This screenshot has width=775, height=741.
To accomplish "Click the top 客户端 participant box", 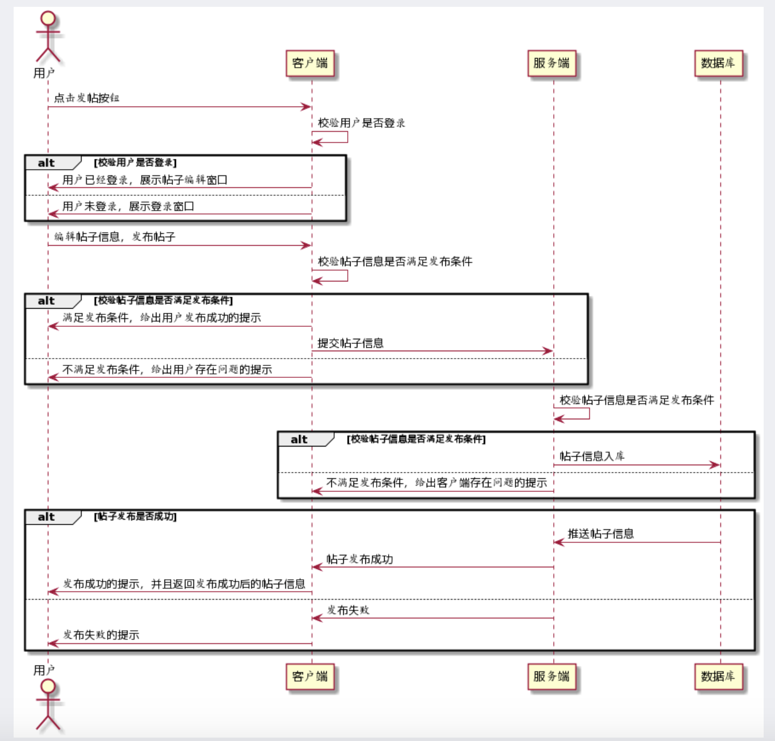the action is pyautogui.click(x=310, y=64).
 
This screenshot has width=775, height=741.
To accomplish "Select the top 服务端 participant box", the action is pyautogui.click(x=551, y=64).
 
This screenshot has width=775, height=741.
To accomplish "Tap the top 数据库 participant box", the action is pyautogui.click(x=718, y=64).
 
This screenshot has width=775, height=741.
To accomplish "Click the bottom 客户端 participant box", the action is pyautogui.click(x=310, y=676).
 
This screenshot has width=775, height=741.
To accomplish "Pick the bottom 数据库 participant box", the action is pyautogui.click(x=718, y=676).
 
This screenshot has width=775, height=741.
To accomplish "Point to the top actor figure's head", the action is pyautogui.click(x=48, y=18).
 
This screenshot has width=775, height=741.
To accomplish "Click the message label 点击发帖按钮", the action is pyautogui.click(x=87, y=98).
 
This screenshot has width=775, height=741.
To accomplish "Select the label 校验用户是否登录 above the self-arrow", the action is pyautogui.click(x=361, y=123).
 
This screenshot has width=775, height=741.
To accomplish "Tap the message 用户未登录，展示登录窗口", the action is pyautogui.click(x=128, y=207).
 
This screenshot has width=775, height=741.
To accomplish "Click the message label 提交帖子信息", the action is pyautogui.click(x=351, y=343).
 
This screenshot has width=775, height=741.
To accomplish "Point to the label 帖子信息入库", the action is pyautogui.click(x=592, y=456).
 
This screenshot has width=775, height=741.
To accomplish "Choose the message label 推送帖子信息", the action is pyautogui.click(x=601, y=533).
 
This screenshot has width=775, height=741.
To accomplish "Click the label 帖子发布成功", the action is pyautogui.click(x=360, y=559).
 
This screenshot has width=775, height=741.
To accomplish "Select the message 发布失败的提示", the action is pyautogui.click(x=101, y=635).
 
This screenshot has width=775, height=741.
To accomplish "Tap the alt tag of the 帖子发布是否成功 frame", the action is pyautogui.click(x=46, y=517).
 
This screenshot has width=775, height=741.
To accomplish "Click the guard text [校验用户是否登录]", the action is pyautogui.click(x=136, y=162).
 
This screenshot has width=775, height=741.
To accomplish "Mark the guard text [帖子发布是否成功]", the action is pyautogui.click(x=136, y=516).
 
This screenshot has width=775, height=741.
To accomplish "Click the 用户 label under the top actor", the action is pyautogui.click(x=44, y=73).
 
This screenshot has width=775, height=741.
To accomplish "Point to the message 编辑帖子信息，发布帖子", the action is pyautogui.click(x=115, y=237).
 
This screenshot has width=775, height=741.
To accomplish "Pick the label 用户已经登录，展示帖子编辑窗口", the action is pyautogui.click(x=145, y=180).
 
